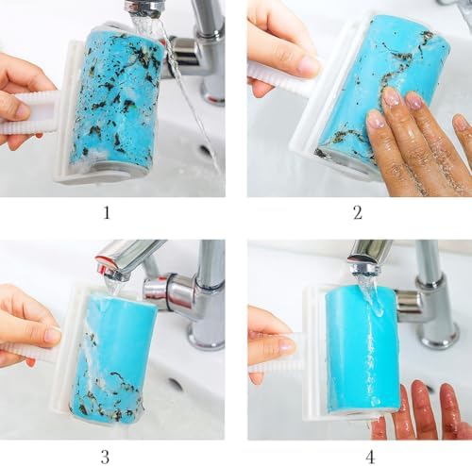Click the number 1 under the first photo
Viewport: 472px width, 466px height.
(x=107, y=213)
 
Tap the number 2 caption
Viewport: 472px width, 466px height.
(x=358, y=213)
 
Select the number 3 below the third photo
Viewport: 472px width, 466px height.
(x=105, y=457)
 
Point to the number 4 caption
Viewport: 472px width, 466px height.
(x=370, y=457)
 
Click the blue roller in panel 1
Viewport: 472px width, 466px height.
(x=119, y=101)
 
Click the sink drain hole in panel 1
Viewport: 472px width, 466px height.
(x=205, y=150)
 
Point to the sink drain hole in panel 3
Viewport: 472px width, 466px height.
(x=176, y=384)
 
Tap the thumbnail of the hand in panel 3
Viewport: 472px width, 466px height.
(x=52, y=335)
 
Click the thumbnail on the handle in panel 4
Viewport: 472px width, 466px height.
(x=287, y=345)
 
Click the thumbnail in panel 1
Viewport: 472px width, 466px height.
(x=23, y=110)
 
